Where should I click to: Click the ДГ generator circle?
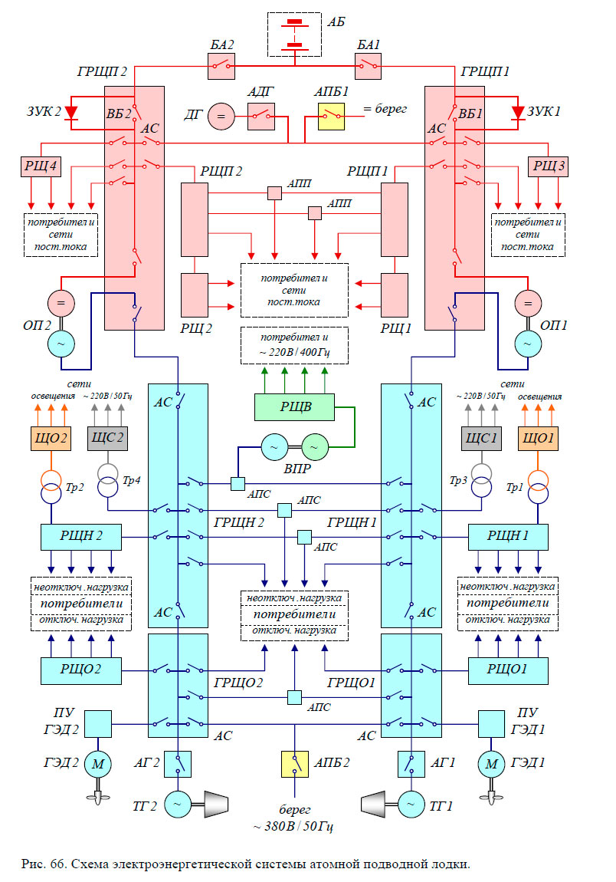coord(221,117)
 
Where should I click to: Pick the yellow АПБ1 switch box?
coord(332,117)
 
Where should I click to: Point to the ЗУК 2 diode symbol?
coord(72,113)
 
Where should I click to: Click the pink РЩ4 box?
coord(35,166)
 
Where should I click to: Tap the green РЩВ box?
coord(294,406)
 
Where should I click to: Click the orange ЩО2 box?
coord(50,439)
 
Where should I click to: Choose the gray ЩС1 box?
coord(480,439)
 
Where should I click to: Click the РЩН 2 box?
coord(80,536)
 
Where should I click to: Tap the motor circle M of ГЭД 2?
coord(97,763)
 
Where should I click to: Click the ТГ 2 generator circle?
coord(179,804)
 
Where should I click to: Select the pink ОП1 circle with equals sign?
coord(527,304)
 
